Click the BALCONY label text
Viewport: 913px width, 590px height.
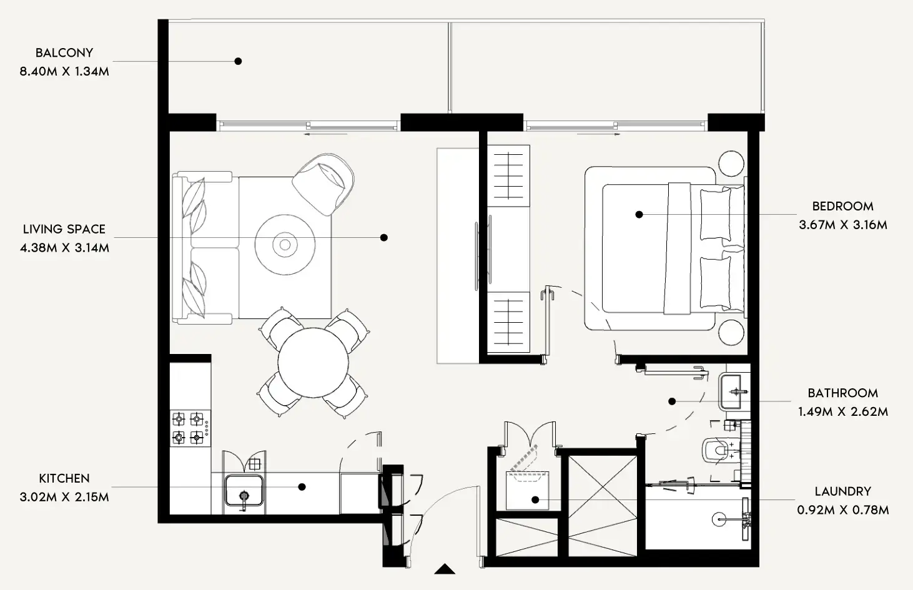pyautogui.click(x=64, y=53)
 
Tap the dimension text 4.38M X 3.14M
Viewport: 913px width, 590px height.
pyautogui.click(x=64, y=248)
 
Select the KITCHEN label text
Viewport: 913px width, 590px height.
pyautogui.click(x=64, y=479)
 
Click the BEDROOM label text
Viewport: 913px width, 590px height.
pyautogui.click(x=842, y=206)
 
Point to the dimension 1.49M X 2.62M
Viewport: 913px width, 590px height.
pyautogui.click(x=842, y=412)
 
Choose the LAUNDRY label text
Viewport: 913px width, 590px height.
pyautogui.click(x=842, y=492)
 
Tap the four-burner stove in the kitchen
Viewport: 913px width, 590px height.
pyautogui.click(x=189, y=428)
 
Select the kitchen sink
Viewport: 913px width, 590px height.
pyautogui.click(x=244, y=490)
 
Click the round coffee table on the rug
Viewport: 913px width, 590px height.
pyautogui.click(x=285, y=245)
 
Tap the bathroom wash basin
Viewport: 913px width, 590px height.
pyautogui.click(x=734, y=391)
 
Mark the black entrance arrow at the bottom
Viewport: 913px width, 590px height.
pyautogui.click(x=445, y=569)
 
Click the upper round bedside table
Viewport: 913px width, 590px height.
pyautogui.click(x=731, y=164)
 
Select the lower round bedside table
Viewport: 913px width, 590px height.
pyautogui.click(x=731, y=332)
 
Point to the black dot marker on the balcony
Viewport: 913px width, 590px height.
pyautogui.click(x=238, y=61)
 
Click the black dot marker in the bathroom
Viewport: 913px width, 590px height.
pyautogui.click(x=672, y=401)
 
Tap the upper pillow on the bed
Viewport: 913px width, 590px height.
pyautogui.click(x=715, y=214)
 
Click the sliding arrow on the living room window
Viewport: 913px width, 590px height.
pyautogui.click(x=326, y=134)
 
